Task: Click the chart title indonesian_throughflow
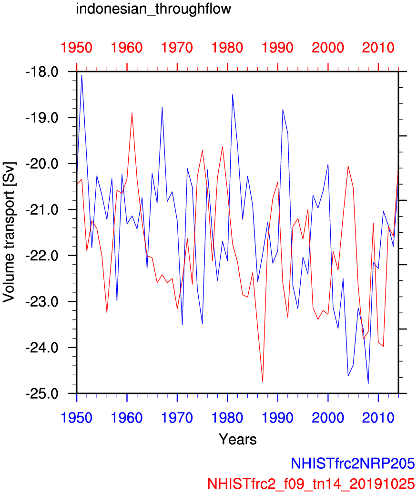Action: pos(153,9)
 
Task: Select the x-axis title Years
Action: pos(237,439)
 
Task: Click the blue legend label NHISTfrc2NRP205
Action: pos(353,463)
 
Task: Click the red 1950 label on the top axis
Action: pos(77,48)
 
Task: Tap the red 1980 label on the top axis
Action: pos(227,48)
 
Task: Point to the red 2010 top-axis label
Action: pos(378,48)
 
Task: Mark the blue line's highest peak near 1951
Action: pos(81,75)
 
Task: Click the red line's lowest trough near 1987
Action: pos(263,381)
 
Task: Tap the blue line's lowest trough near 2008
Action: pos(368,383)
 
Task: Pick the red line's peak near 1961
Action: pos(132,113)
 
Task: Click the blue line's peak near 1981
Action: pos(233,95)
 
